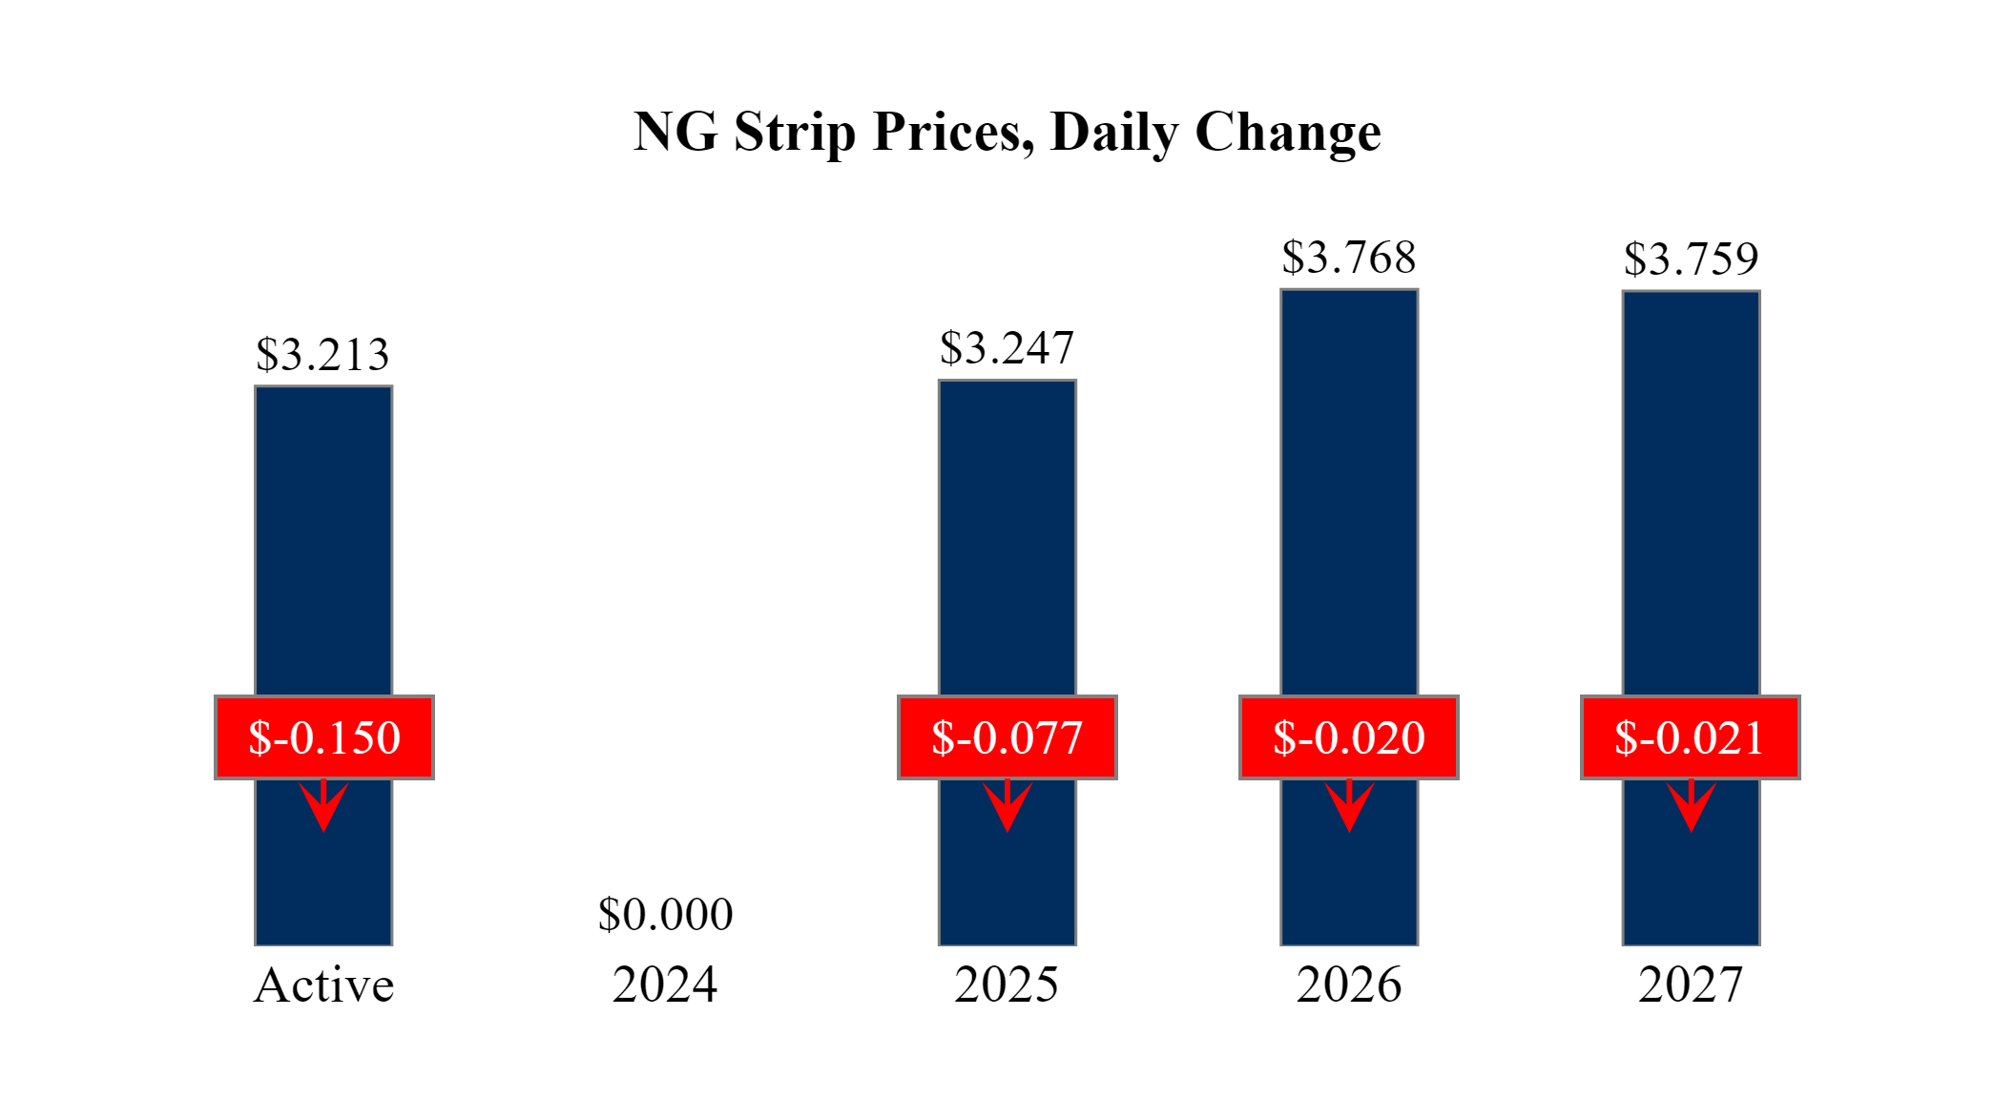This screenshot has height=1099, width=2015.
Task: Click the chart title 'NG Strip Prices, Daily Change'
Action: [x=1007, y=132]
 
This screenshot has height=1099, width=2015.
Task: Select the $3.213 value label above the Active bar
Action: [x=322, y=355]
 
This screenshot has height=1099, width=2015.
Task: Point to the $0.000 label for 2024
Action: [x=665, y=914]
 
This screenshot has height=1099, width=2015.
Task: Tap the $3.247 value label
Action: [x=1007, y=348]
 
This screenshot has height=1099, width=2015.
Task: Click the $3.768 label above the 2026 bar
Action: [x=1348, y=258]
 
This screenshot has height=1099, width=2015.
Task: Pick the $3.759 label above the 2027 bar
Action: [x=1691, y=259]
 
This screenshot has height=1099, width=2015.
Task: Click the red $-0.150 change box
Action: [x=324, y=737]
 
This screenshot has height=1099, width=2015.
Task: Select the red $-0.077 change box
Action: [x=1007, y=737]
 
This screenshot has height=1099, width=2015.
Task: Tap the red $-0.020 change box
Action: [x=1348, y=737]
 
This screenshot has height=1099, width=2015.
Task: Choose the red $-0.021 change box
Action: [x=1690, y=737]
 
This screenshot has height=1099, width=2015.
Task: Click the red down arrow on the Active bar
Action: [x=323, y=806]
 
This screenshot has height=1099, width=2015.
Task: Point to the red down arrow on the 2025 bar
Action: [x=1007, y=806]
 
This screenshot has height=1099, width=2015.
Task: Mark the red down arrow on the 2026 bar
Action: [x=1349, y=806]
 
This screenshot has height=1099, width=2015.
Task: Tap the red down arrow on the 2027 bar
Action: [x=1692, y=806]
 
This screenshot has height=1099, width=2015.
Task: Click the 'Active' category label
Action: [x=323, y=985]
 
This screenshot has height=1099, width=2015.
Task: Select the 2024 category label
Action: [x=665, y=985]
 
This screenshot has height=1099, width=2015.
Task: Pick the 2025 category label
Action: [x=1007, y=985]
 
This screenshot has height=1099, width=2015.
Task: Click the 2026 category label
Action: [x=1349, y=985]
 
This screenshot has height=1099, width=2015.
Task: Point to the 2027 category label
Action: [x=1691, y=985]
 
